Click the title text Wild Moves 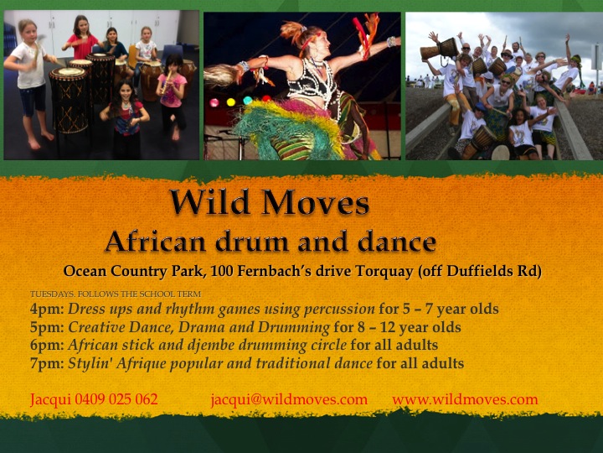tap(268, 203)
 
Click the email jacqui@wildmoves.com tap(289, 399)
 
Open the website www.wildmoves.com tap(465, 399)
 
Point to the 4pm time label tap(45, 309)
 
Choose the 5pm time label tap(45, 327)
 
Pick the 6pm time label tap(45, 345)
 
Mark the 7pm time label tap(45, 363)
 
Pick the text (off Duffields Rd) tap(494, 271)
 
